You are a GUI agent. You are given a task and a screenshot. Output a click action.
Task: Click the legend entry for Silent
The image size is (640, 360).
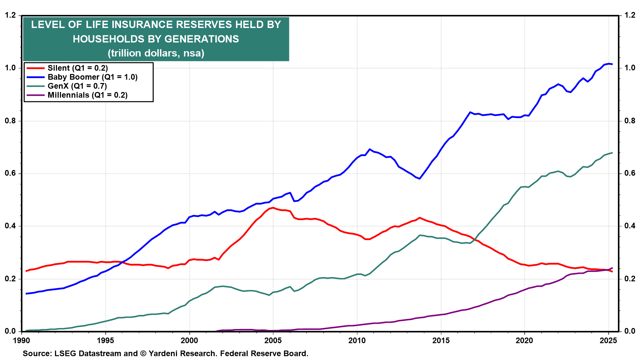(78, 68)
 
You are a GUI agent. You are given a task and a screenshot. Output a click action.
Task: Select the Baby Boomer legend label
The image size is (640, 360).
(92, 77)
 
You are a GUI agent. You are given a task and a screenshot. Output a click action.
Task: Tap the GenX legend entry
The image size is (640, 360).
(77, 86)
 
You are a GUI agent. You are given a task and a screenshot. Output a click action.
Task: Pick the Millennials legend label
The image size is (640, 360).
(87, 95)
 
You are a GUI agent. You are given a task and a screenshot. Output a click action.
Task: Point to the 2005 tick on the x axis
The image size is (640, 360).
(273, 340)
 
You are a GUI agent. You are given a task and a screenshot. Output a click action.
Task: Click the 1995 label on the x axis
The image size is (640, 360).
(105, 340)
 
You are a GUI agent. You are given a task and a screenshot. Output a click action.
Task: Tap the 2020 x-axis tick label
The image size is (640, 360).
(524, 340)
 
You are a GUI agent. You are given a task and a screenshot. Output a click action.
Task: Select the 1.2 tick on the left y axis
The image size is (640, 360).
(10, 15)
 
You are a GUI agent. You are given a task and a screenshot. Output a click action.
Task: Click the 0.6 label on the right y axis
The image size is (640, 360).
(630, 173)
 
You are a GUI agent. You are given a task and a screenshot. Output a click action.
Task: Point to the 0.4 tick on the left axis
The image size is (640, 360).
(10, 226)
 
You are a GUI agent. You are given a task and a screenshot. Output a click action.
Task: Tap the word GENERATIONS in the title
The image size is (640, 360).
(202, 39)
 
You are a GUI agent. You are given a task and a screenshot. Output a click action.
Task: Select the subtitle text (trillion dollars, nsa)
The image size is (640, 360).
(156, 53)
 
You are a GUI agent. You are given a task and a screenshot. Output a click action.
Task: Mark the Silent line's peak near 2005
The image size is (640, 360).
(273, 208)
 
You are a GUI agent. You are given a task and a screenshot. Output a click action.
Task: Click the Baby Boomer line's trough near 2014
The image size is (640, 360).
(420, 179)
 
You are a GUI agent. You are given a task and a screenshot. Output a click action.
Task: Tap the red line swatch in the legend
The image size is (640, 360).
(35, 68)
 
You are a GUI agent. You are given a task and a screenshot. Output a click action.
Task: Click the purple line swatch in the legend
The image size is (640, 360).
(35, 95)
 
